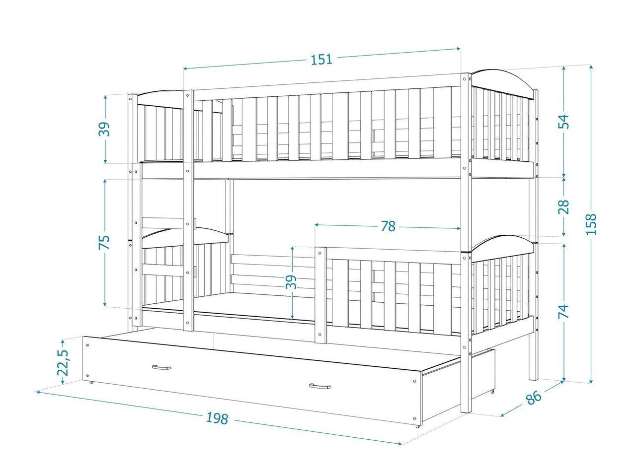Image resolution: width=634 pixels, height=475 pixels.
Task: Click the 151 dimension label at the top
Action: coord(321,60)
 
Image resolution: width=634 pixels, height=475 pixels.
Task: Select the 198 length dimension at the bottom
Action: coord(217,418)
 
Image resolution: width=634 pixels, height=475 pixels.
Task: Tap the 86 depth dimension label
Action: coord(533,397)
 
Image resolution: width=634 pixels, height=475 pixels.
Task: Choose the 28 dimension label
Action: coord(563,206)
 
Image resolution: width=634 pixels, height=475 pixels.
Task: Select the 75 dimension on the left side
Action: coord(104,243)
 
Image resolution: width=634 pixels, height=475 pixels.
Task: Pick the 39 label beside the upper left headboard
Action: coord(104,129)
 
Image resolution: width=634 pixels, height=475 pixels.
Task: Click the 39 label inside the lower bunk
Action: coord(292,282)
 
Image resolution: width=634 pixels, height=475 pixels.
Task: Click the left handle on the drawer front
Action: coord(161,367)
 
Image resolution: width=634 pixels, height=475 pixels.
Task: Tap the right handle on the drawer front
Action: coord(319,386)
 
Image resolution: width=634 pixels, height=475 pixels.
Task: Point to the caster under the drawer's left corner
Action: coord(91,382)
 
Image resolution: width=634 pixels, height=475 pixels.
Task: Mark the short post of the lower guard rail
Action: coord(321,295)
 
